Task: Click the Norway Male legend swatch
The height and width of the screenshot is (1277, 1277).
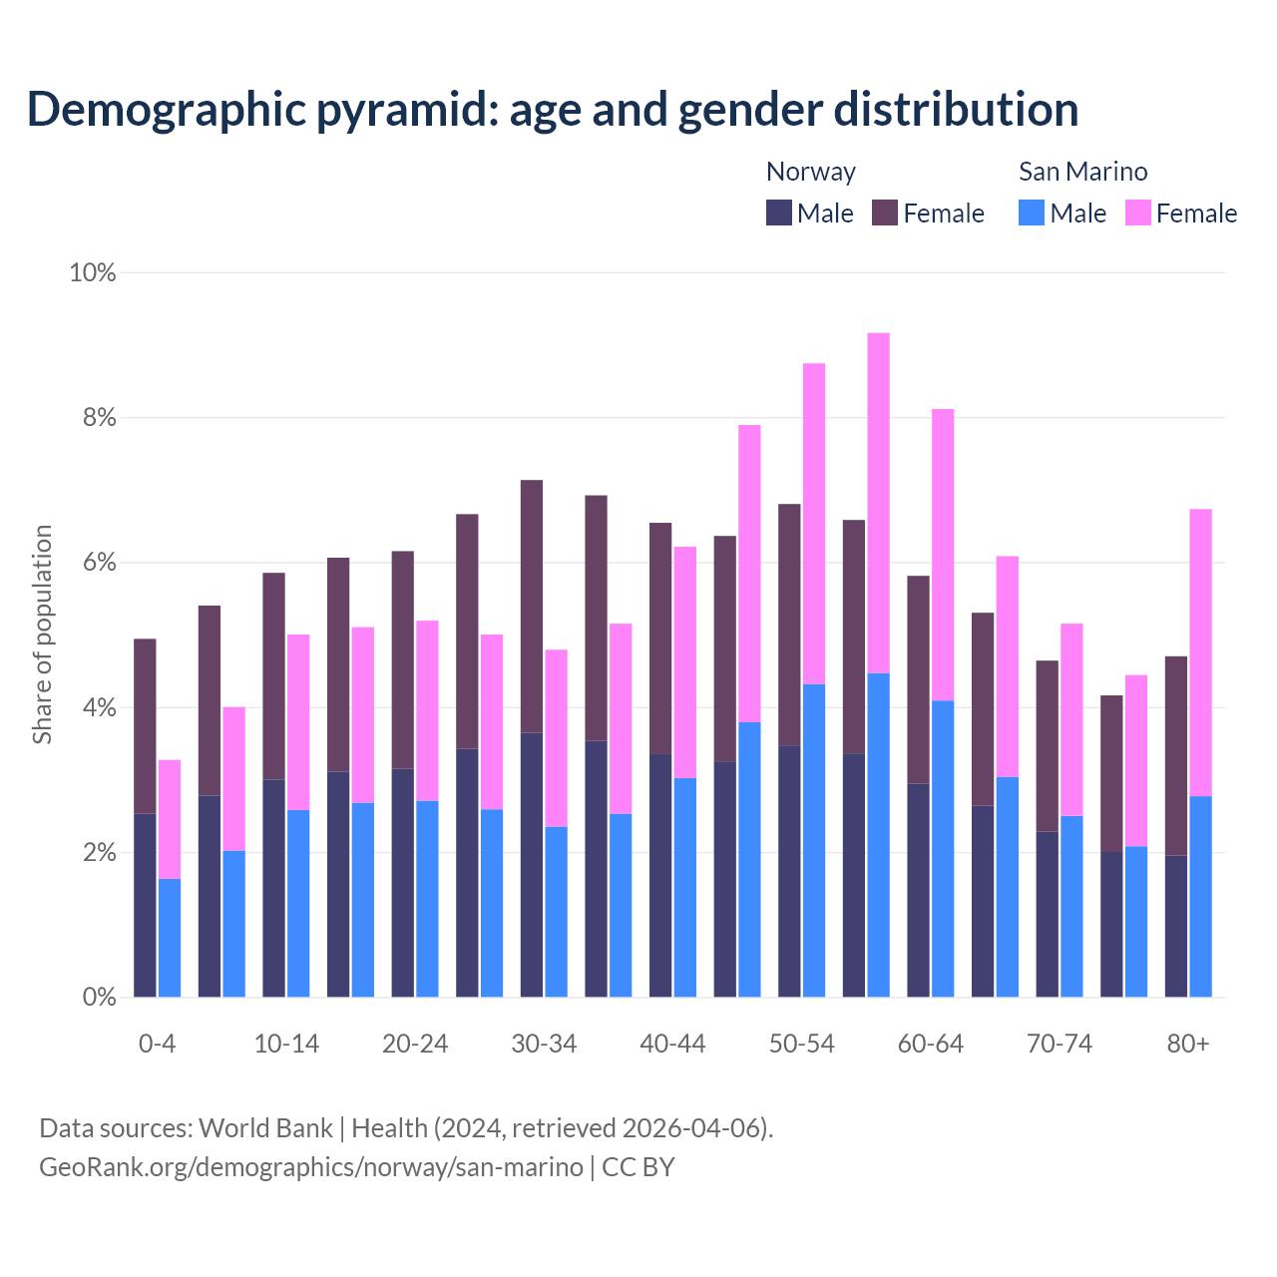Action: coord(779,213)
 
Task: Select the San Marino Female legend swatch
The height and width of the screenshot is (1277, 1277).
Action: coord(1138,213)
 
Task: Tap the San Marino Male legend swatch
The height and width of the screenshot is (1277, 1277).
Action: coord(1032,213)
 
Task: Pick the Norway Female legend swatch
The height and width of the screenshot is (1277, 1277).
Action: coord(885,213)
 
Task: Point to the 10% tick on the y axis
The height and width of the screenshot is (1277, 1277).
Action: coord(92,272)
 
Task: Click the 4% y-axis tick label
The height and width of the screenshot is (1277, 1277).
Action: coord(99,708)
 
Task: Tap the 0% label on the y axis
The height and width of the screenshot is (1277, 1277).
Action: coord(99,998)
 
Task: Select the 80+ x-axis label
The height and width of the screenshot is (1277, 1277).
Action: coord(1188,1044)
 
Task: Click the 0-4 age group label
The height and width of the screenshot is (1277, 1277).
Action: coord(158,1044)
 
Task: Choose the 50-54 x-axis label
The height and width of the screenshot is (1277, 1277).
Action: coord(802,1044)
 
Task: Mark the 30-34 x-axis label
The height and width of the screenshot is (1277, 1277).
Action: coord(544,1044)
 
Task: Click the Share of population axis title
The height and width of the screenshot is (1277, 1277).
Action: coord(43,635)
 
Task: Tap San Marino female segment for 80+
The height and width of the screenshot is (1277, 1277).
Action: coord(1201,652)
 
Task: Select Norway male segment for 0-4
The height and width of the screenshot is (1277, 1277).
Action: coord(145,905)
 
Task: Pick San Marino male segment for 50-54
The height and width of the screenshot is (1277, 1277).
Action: coord(814,840)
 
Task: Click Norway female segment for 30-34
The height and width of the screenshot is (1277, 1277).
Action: coord(532,607)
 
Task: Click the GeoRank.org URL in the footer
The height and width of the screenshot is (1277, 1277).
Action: coord(310,1166)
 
